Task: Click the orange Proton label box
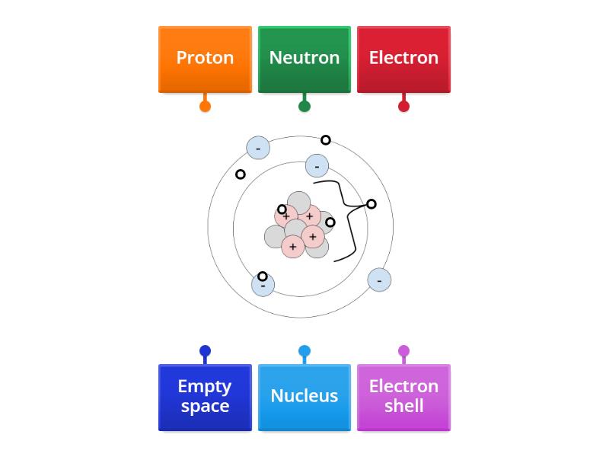tap(205, 59)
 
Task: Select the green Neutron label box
tap(304, 59)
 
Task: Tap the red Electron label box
tap(403, 59)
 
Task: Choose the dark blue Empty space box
tap(205, 397)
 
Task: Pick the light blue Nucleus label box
tap(304, 397)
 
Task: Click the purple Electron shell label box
tap(403, 397)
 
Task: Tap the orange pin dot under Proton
tap(205, 106)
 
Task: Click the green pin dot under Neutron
tap(304, 106)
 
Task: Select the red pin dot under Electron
tap(403, 106)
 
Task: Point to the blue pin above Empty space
tap(205, 351)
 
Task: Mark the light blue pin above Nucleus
tap(304, 351)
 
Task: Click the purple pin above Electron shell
tap(403, 351)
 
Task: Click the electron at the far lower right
tap(379, 280)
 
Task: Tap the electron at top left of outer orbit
tap(258, 148)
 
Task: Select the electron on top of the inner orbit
tap(317, 165)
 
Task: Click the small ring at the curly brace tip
tap(371, 204)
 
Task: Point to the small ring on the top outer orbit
tap(326, 140)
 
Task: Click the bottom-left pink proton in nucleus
tap(293, 247)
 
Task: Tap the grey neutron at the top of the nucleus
tap(299, 201)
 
